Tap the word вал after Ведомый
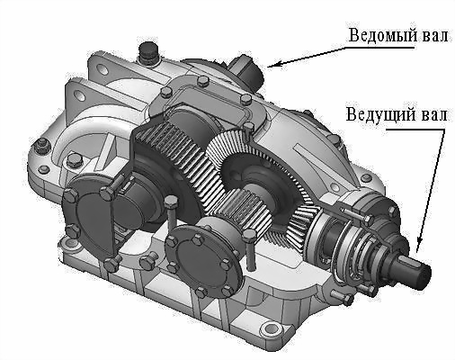435,35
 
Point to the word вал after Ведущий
433,114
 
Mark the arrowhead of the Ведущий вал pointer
418,246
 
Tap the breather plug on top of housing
149,53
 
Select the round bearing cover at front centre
203,259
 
